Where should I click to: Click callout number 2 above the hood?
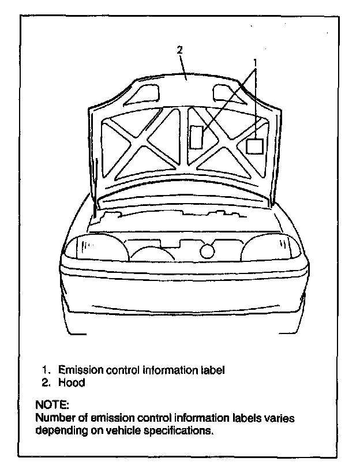tap(179, 50)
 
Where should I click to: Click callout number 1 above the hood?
tap(254, 61)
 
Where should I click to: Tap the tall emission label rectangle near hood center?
tap(197, 137)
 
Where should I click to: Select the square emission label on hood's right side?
tap(254, 145)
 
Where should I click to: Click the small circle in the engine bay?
tap(207, 250)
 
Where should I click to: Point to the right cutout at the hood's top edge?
tap(223, 91)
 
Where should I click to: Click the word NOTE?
tap(52, 405)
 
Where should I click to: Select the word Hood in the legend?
tap(72, 382)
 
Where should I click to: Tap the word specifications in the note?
tap(181, 430)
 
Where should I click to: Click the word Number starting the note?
tap(54, 418)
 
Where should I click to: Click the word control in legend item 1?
tap(123, 370)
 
